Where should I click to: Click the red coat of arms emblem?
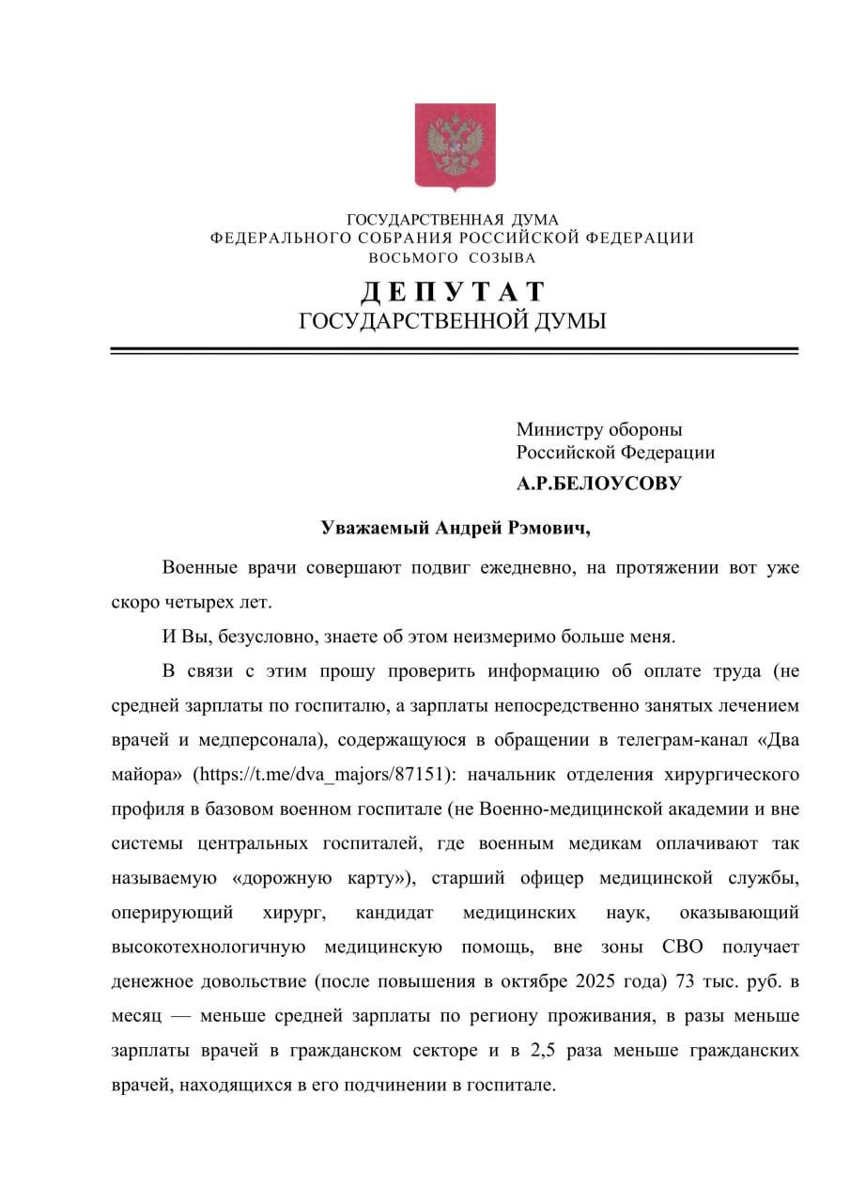coord(456,146)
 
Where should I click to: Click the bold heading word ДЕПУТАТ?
coord(454,292)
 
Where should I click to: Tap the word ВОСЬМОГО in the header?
coord(412,257)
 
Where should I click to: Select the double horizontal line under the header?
coord(454,351)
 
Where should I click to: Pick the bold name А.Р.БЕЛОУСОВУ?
coord(599,484)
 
